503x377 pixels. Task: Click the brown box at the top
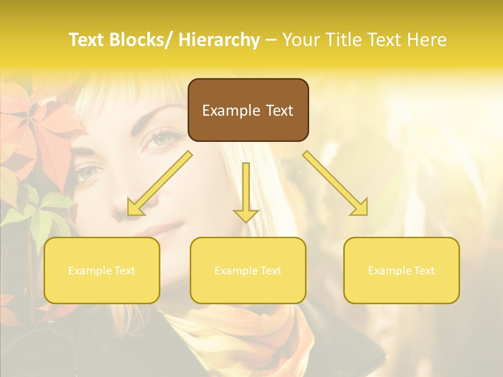[248, 110]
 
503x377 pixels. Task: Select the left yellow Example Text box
[102, 270]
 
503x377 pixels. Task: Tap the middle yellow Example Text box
[248, 270]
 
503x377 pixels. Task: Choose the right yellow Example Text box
[401, 270]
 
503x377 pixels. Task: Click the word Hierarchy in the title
[219, 40]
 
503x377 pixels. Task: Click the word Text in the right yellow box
[423, 271]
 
